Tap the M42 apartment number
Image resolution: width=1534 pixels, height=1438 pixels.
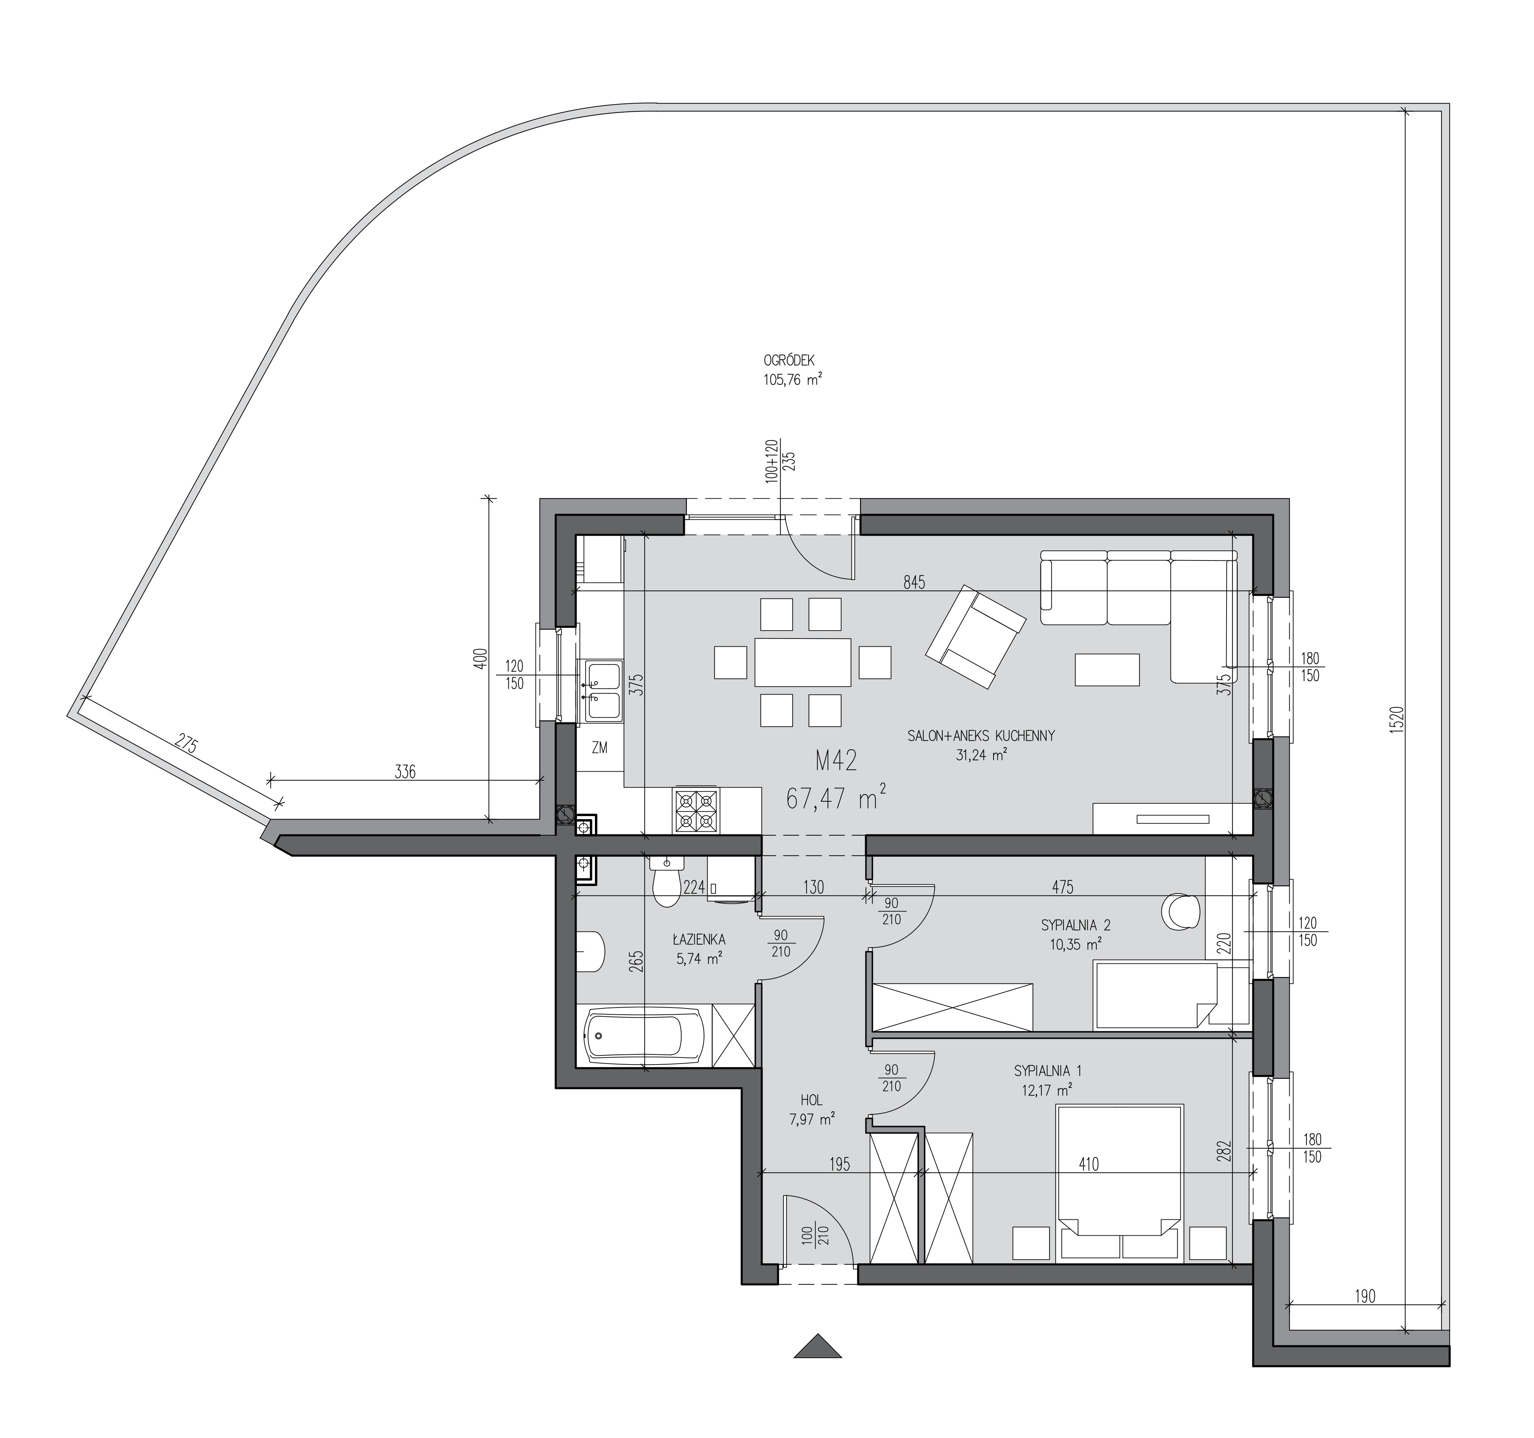click(x=837, y=762)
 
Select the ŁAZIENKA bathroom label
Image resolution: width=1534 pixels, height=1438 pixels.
click(x=698, y=940)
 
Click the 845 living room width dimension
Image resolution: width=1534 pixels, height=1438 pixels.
click(x=914, y=583)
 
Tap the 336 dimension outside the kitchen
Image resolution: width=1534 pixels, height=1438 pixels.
click(x=404, y=771)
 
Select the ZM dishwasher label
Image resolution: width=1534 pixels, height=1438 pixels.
click(x=600, y=747)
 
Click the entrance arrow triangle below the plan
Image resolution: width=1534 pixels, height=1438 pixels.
click(x=818, y=1345)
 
